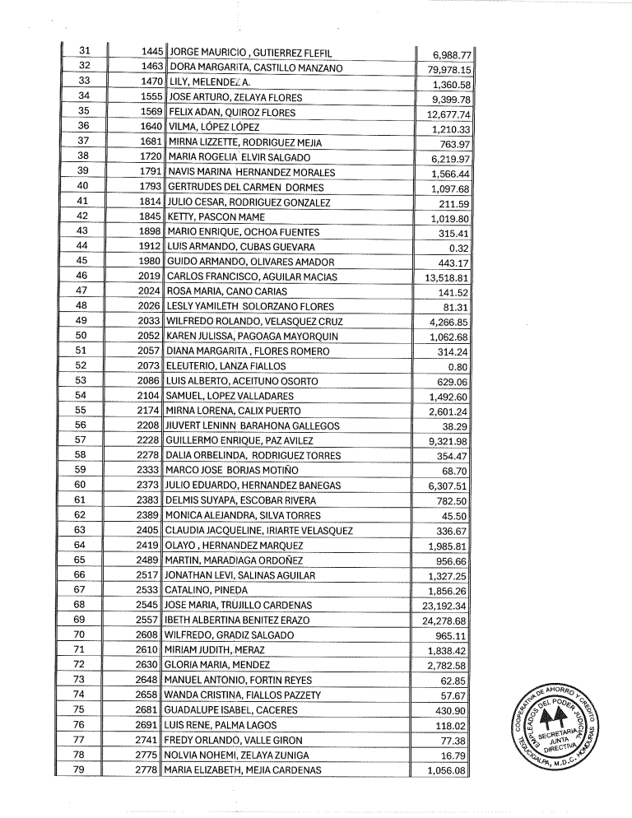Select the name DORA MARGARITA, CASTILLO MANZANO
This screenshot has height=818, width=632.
tap(255, 67)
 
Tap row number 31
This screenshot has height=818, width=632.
tap(82, 51)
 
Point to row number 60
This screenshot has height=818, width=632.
tap(82, 485)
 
